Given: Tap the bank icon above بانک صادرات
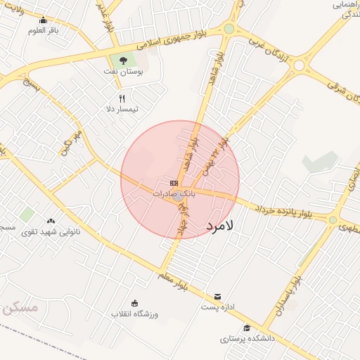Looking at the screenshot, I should click(x=174, y=183).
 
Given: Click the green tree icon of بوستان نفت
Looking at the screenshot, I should click(x=124, y=60).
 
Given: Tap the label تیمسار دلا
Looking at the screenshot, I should click(x=122, y=109).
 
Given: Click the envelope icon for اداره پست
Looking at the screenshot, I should click(x=218, y=297).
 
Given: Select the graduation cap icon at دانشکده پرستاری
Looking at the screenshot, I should click(x=247, y=328).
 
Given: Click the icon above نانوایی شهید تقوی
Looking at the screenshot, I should click(x=51, y=221).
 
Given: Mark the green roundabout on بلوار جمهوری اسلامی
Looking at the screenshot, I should click(x=229, y=29).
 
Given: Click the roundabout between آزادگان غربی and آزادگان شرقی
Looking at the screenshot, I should click(x=301, y=66).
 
